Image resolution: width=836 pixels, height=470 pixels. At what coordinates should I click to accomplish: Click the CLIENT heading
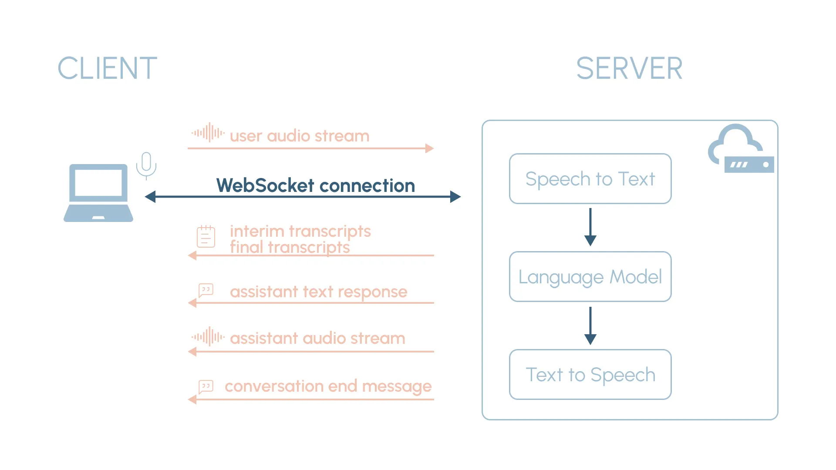(107, 68)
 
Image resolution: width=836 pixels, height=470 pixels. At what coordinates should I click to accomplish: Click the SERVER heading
(629, 68)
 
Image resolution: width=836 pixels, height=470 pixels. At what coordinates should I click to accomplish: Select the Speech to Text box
(590, 179)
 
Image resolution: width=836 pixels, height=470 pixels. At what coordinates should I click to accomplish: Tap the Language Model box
(590, 277)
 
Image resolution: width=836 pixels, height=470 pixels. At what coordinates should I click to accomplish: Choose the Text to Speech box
(590, 375)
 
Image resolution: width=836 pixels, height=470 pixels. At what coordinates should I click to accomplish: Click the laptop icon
(98, 193)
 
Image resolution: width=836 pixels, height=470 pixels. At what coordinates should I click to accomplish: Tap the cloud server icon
(740, 150)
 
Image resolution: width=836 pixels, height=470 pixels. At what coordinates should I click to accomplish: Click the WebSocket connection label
(315, 186)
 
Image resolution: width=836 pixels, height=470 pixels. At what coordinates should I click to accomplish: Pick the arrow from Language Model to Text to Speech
(590, 326)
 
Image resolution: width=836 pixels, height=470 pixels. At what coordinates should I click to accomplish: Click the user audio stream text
(300, 136)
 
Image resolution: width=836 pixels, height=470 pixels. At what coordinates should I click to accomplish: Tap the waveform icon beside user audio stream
(208, 132)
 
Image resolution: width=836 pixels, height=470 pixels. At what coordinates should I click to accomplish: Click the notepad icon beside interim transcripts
(206, 237)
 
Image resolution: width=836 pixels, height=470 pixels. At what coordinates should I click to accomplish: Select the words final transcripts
(290, 248)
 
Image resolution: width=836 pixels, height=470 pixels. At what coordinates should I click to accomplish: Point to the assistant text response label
(318, 292)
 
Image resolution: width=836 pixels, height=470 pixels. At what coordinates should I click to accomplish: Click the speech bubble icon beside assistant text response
(206, 290)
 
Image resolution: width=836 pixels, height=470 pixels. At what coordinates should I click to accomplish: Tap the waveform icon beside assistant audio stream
(208, 336)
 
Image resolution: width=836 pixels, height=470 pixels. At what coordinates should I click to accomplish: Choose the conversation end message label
(328, 386)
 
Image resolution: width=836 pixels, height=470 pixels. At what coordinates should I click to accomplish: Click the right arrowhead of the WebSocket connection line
(455, 197)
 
